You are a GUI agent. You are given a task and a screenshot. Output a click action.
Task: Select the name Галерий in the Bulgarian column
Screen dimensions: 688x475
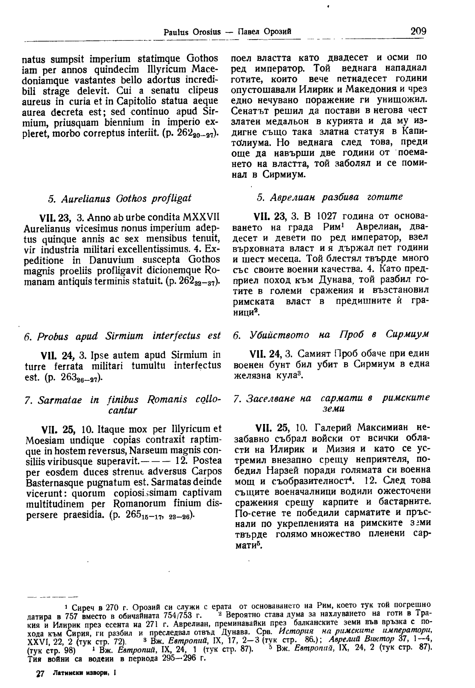pyautogui.click(x=331, y=428)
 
